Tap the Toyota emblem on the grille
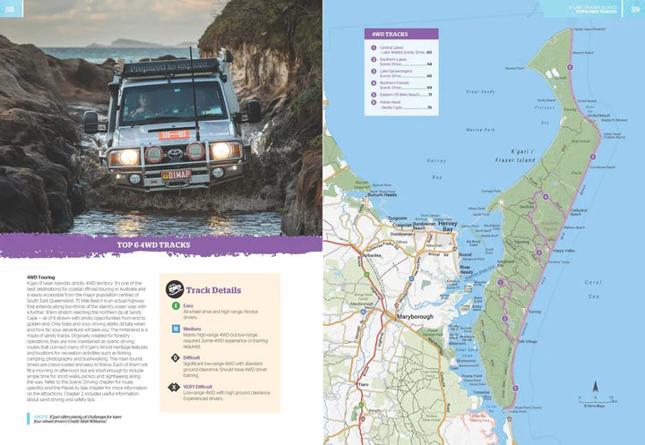[x=175, y=153]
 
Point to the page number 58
[x=9, y=9]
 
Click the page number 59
[x=635, y=9]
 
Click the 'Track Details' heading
[x=213, y=290]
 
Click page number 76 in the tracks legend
[x=430, y=107]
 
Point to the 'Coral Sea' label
[x=595, y=288]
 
